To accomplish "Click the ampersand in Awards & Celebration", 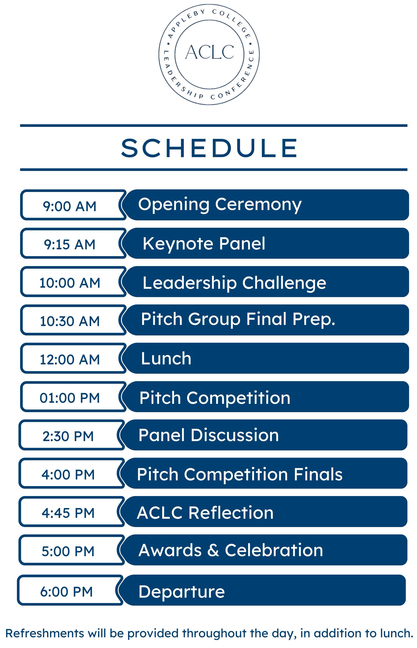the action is click(213, 550).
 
